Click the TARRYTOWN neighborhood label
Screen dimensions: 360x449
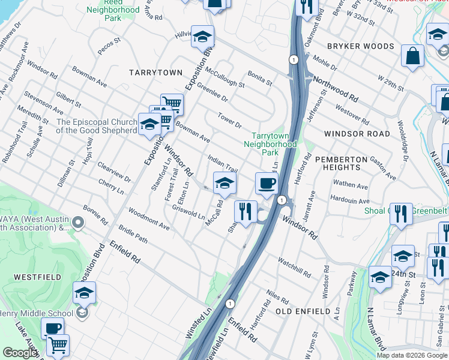click(155, 72)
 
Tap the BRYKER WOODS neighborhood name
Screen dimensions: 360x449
click(360, 46)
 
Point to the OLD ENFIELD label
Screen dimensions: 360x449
click(303, 311)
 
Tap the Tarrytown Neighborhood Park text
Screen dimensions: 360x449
click(270, 144)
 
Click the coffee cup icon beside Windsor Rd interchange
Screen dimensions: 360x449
click(266, 182)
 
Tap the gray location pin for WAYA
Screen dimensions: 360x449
click(77, 224)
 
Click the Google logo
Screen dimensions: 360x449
click(19, 353)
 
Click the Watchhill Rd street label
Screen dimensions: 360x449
click(294, 267)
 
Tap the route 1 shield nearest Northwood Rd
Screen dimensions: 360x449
click(293, 59)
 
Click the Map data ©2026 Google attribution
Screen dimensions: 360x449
click(412, 355)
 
